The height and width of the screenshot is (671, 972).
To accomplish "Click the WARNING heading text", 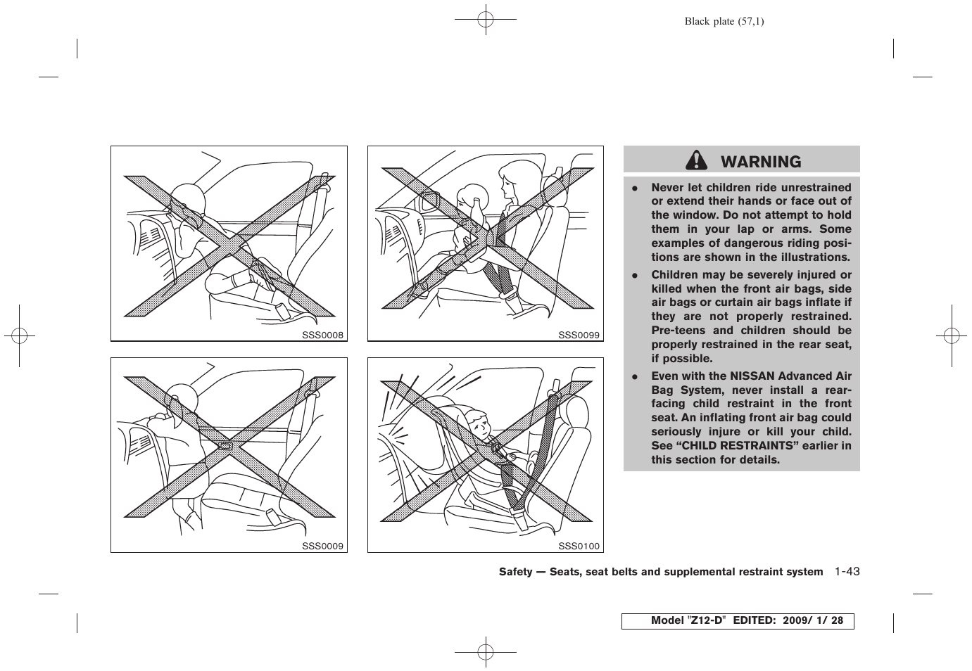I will (x=761, y=162).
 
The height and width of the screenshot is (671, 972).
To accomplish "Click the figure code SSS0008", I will (x=323, y=335).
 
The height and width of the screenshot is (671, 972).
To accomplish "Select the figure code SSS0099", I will (x=579, y=335).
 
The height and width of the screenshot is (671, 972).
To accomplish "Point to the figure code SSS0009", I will (x=323, y=546).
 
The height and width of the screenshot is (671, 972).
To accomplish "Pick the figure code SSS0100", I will (x=579, y=546).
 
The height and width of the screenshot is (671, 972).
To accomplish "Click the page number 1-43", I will (x=847, y=572).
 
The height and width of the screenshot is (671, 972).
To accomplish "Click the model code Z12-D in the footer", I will (x=707, y=621).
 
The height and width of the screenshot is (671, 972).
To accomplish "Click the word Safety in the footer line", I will (x=515, y=572).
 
